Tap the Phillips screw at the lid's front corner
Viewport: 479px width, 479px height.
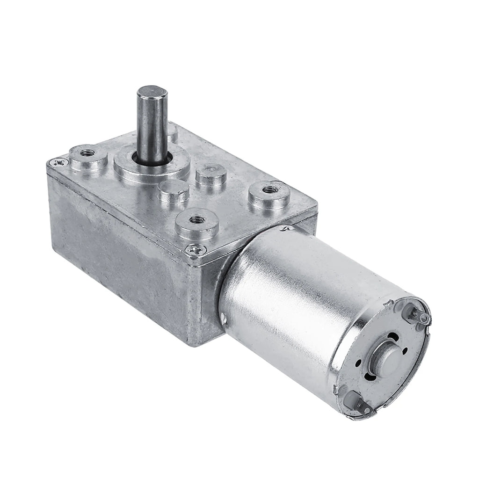click(192, 251)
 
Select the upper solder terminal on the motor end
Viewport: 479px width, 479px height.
click(420, 319)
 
